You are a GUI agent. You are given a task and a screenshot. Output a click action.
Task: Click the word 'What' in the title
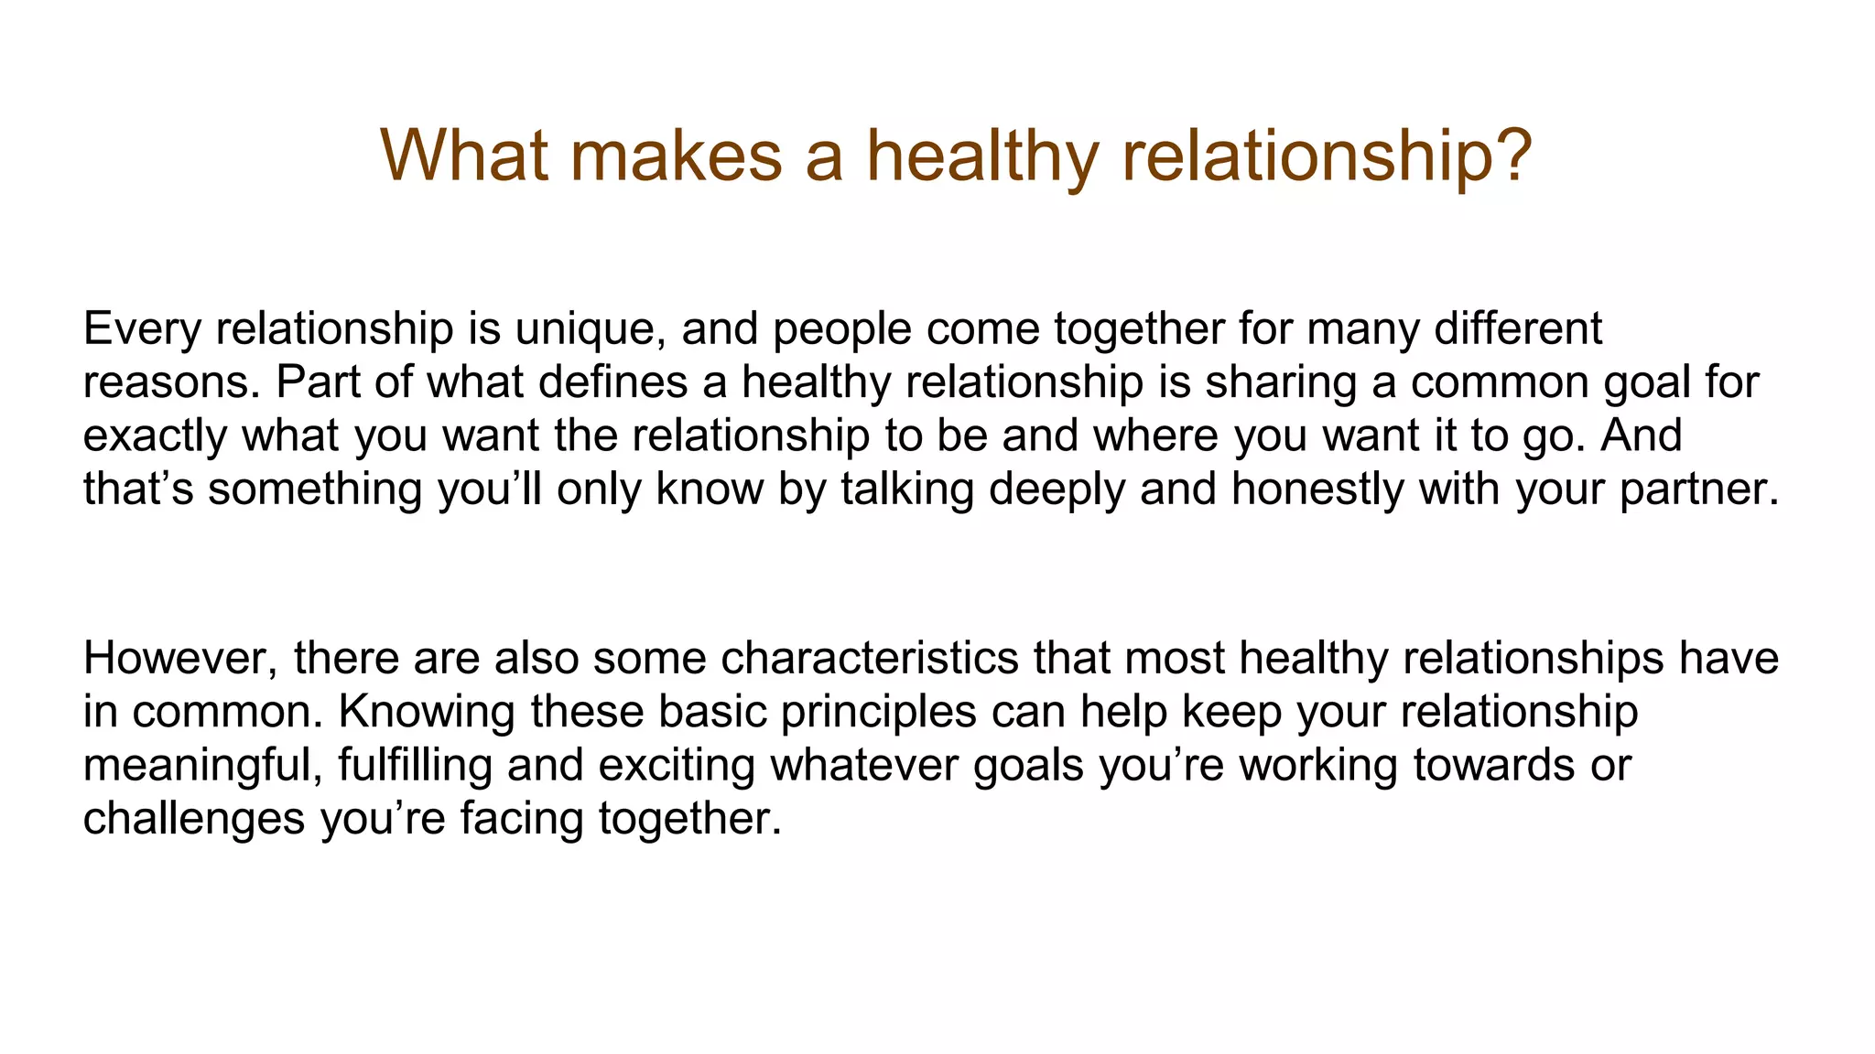tap(464, 156)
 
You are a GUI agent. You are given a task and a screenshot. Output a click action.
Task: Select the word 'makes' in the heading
tap(676, 156)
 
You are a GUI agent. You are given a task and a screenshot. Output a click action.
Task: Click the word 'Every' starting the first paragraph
tap(141, 328)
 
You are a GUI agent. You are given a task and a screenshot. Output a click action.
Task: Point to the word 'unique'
tap(590, 328)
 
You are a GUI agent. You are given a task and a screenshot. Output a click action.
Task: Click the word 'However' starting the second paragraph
tap(179, 658)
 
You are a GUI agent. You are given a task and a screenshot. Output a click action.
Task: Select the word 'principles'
tap(879, 712)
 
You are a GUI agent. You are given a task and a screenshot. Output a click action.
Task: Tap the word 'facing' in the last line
tap(522, 818)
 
